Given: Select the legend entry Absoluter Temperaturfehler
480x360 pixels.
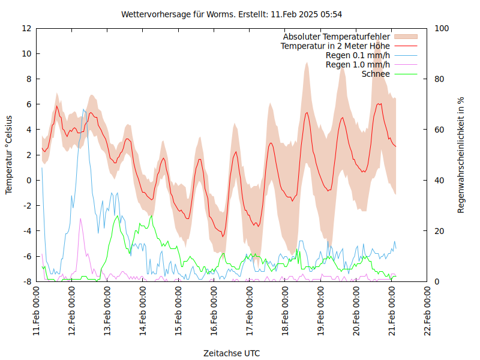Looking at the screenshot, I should pos(337,37).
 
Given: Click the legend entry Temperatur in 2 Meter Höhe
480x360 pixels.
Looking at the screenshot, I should pos(335,46).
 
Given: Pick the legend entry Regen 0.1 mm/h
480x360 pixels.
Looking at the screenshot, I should pos(358,55).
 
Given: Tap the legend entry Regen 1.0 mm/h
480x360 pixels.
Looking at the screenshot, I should pos(358,64).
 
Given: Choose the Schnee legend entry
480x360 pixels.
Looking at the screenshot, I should pos(376,74).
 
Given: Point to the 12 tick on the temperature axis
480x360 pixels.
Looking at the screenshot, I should pos(26,28).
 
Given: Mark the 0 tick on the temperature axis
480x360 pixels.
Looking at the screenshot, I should pos(29,180).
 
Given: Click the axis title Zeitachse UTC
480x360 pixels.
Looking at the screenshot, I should pos(232,353).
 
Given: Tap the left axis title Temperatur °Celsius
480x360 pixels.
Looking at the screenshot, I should pos(9,155).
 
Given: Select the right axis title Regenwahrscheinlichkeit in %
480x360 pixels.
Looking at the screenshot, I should pos(461,155).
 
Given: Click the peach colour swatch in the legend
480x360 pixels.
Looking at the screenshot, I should pos(405,37).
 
